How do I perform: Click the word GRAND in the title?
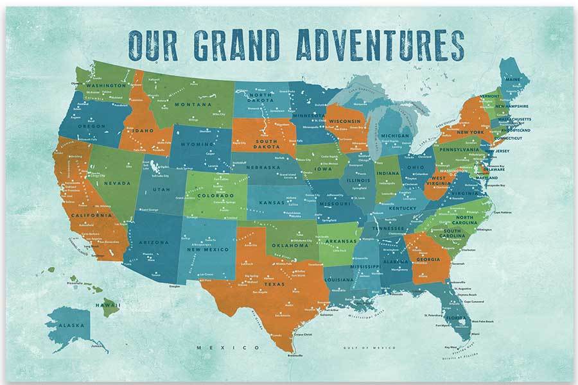[241, 43]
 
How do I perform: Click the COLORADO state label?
[215, 195]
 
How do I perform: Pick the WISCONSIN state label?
[345, 121]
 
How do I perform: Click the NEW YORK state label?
[470, 132]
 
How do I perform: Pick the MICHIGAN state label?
[394, 136]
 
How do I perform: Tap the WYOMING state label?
[195, 144]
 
